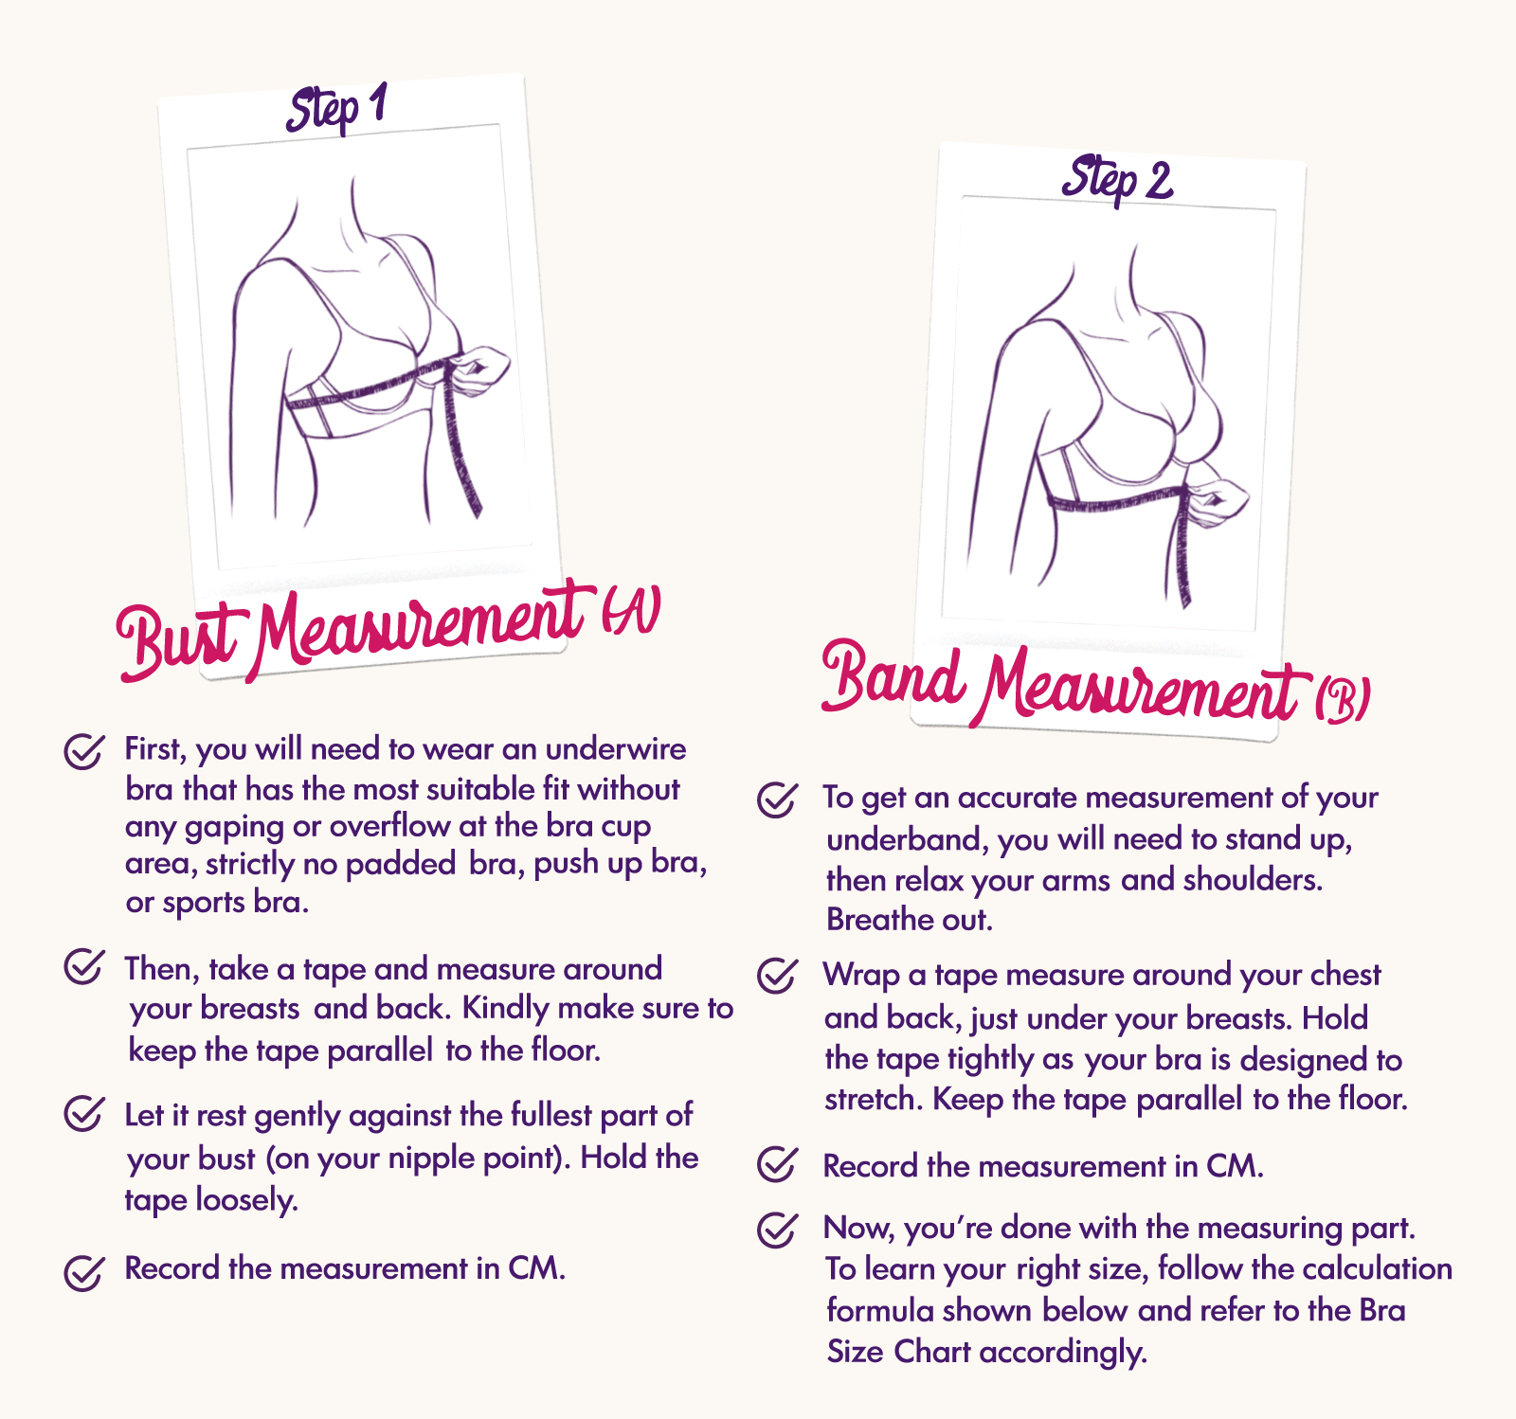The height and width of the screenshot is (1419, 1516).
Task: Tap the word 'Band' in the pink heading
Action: [x=892, y=676]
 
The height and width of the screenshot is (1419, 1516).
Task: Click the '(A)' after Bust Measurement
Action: [x=631, y=611]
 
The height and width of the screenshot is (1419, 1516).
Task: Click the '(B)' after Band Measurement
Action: [x=1342, y=700]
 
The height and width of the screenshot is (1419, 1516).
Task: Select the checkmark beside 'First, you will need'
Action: [x=83, y=751]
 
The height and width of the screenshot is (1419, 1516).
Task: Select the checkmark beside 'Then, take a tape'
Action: [x=83, y=967]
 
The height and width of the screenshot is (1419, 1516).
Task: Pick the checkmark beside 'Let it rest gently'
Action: [x=83, y=1113]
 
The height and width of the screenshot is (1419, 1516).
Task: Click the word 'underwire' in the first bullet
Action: [x=615, y=749]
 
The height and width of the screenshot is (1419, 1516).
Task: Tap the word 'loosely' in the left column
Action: [x=246, y=1200]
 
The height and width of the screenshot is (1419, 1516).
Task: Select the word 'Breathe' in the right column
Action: [x=867, y=920]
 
